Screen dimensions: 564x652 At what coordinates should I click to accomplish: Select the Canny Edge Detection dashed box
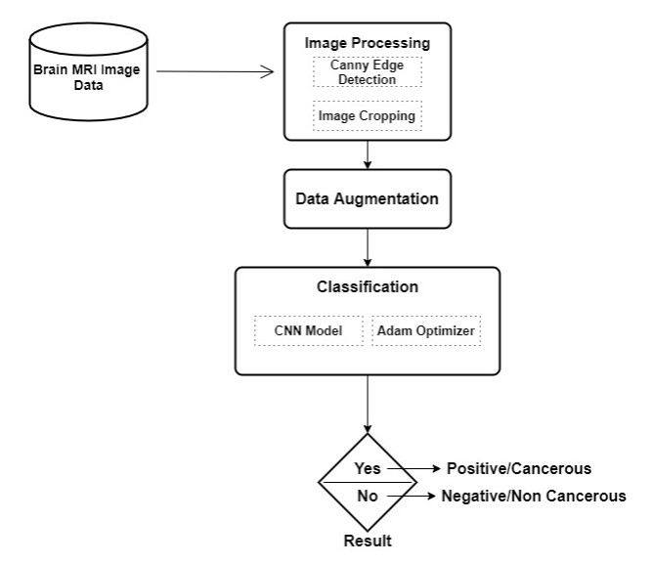(368, 72)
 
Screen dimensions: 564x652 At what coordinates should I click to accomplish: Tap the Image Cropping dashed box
(368, 116)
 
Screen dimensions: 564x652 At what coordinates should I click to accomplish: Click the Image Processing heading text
(368, 44)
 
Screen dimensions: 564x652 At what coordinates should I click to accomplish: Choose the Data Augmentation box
(368, 198)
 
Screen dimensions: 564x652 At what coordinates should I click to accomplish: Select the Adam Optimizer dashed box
(427, 330)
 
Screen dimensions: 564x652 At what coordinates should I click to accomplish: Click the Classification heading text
(368, 287)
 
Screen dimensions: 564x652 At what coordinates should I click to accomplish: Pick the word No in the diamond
(367, 496)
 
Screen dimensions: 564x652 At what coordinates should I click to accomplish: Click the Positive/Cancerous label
(518, 468)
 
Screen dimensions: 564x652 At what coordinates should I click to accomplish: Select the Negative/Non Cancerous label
(534, 496)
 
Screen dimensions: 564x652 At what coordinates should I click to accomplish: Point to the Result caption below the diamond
(367, 541)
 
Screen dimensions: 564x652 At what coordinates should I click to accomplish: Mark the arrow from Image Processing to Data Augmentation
(368, 153)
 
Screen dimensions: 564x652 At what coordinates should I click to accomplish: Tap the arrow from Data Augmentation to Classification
(368, 246)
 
